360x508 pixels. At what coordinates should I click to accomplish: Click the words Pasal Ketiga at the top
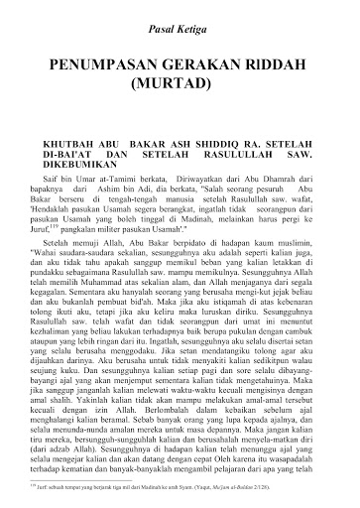[x=180, y=33]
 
